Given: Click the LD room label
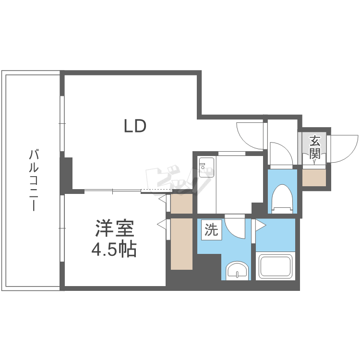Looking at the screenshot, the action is (x=135, y=126).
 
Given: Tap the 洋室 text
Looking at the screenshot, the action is (x=115, y=228).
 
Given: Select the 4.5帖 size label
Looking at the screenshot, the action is (x=114, y=249).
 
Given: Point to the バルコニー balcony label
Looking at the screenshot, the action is (x=34, y=180).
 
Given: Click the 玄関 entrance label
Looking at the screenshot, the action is (x=314, y=147).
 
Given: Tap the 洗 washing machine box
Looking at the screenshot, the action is (x=212, y=230).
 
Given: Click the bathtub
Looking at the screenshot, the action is (x=276, y=266).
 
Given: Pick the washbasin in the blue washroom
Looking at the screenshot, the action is (x=237, y=271).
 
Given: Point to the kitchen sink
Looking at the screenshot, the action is (x=206, y=167).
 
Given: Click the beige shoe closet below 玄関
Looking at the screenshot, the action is (x=314, y=178).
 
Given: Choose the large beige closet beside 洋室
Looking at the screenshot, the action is (x=181, y=244).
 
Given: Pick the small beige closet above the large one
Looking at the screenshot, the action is (x=181, y=204).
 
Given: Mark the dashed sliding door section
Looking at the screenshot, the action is (x=156, y=191).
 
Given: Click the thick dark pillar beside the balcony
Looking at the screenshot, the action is (x=66, y=173).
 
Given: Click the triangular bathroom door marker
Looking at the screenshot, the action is (x=261, y=226).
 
